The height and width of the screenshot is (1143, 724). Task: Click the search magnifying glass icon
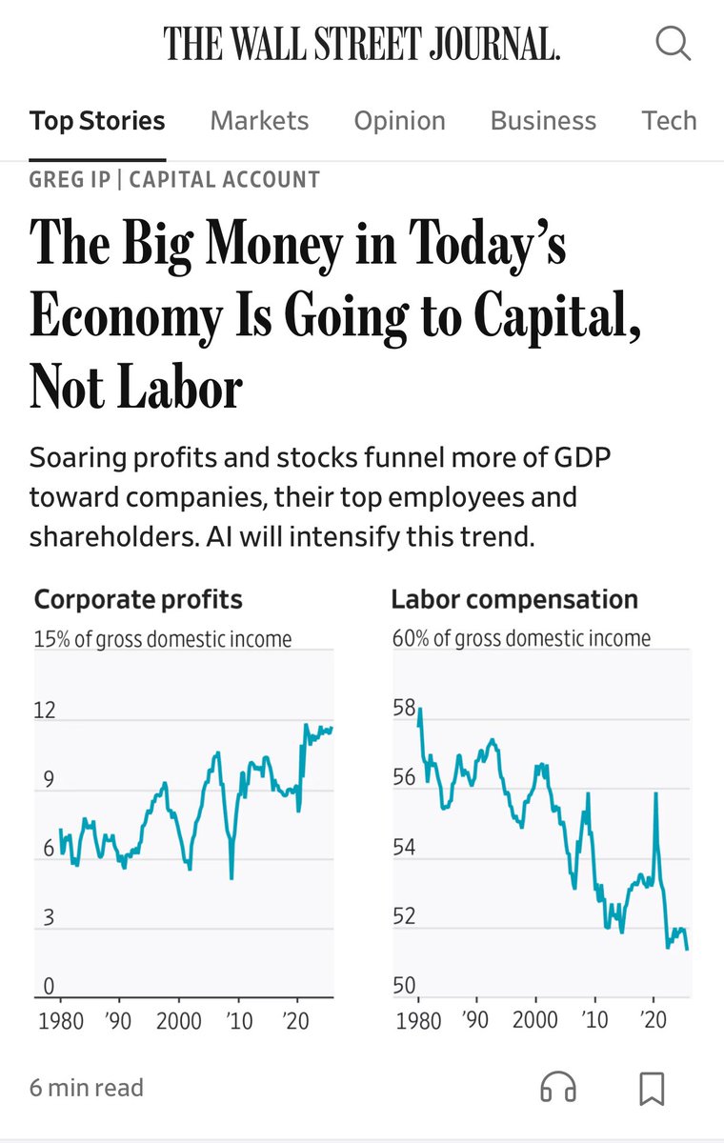[673, 44]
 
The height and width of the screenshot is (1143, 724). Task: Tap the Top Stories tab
[97, 121]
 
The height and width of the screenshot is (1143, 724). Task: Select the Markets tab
[259, 121]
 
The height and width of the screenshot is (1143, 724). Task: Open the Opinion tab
[399, 121]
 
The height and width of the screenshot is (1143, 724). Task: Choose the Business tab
[543, 121]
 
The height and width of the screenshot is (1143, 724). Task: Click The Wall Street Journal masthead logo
[361, 44]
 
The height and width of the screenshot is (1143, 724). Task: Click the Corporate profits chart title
[138, 599]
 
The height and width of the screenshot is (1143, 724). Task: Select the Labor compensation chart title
[514, 599]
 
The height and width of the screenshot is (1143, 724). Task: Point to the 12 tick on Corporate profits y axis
[45, 711]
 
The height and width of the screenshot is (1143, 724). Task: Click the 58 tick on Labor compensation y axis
[404, 709]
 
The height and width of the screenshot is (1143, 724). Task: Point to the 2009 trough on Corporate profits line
[231, 877]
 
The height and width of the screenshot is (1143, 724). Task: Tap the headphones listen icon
[558, 1088]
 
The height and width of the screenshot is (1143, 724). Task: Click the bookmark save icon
[652, 1088]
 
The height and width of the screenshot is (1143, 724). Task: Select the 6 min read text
[87, 1088]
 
